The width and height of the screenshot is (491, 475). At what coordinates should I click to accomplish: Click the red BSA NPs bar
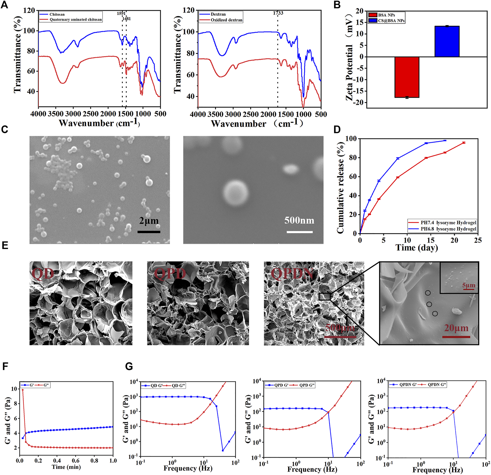click(407, 77)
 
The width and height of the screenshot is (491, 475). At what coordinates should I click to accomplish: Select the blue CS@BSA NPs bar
click(447, 42)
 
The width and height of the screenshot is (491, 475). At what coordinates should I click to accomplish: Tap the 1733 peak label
click(278, 13)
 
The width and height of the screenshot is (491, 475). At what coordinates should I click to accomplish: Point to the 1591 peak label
click(121, 13)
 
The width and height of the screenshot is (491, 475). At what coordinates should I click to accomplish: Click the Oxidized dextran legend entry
click(226, 20)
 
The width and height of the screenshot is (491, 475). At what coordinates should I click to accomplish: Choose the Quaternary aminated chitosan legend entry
click(75, 19)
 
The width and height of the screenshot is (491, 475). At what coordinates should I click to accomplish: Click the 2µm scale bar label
click(149, 221)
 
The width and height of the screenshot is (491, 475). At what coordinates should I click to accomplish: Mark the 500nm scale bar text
click(299, 220)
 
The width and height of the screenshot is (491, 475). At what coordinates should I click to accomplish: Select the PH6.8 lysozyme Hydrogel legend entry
click(448, 229)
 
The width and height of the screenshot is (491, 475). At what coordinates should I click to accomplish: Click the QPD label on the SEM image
click(170, 274)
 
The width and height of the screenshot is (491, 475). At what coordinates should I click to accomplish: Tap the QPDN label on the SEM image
click(292, 274)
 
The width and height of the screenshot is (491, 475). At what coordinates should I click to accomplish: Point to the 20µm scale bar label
click(456, 328)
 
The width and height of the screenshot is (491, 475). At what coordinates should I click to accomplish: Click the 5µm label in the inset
click(469, 285)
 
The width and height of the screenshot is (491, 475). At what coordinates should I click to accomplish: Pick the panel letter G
click(129, 367)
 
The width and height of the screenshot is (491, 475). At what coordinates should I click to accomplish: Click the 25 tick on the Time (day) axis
click(478, 240)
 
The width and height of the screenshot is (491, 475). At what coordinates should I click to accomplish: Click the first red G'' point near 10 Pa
click(23, 390)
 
